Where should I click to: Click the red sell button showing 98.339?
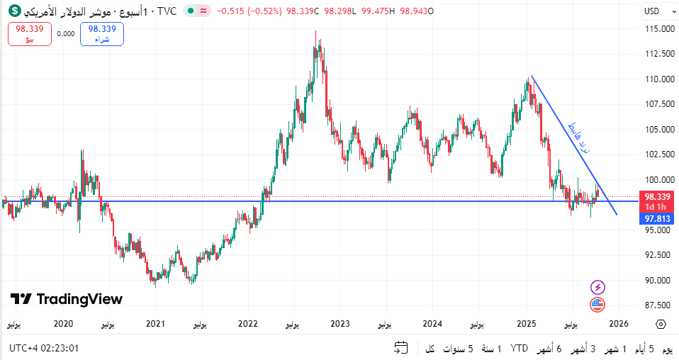30,33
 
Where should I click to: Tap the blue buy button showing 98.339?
102,33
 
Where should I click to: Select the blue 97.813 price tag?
657,219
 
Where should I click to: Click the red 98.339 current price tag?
657,196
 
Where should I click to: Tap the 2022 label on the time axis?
247,324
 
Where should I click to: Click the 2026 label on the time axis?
618,324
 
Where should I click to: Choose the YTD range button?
520,349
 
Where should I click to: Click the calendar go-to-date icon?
401,348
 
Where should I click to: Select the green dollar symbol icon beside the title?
14,11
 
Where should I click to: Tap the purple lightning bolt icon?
598,287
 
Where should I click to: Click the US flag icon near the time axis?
598,305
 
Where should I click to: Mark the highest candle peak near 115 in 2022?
316,32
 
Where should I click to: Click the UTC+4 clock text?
44,349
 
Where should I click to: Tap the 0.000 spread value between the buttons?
65,33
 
